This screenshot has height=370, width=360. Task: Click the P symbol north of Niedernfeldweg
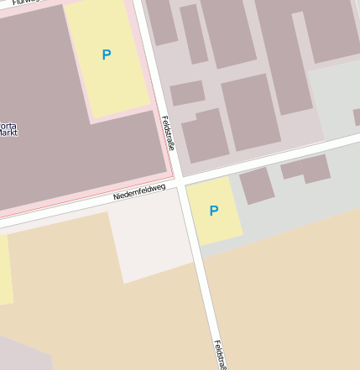106,55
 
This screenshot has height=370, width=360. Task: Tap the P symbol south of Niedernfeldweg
213,211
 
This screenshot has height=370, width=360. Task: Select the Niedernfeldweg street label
138,194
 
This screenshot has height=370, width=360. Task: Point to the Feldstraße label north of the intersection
167,133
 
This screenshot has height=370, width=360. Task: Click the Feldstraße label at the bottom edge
220,355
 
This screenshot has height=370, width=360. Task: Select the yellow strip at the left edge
5,268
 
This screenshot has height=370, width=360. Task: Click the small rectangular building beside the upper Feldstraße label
187,92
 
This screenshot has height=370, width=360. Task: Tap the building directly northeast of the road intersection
204,134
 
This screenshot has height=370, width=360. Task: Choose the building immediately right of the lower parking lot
256,185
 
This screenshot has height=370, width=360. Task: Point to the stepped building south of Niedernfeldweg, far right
306,168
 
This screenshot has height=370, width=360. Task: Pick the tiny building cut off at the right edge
357,117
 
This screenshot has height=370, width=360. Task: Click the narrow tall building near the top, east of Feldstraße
194,34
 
